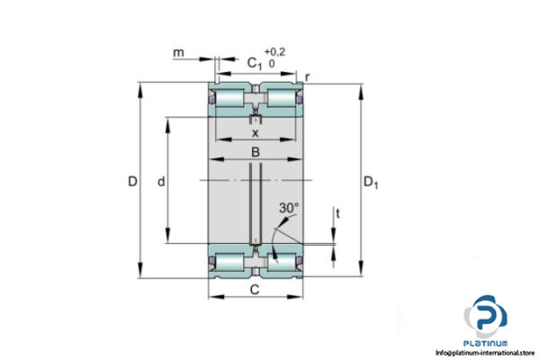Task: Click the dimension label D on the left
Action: click(x=132, y=182)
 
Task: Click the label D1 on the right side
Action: click(x=371, y=183)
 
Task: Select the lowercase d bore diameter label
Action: click(x=160, y=182)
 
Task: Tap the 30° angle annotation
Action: click(x=288, y=208)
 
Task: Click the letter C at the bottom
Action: click(x=255, y=289)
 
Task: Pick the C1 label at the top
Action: click(x=255, y=63)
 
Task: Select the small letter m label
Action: click(x=179, y=54)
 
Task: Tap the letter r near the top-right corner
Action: click(x=308, y=78)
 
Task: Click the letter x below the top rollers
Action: click(x=255, y=132)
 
